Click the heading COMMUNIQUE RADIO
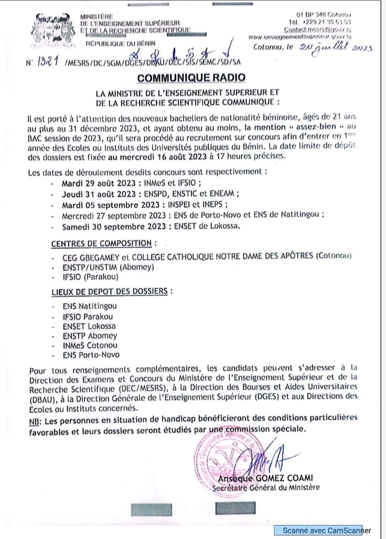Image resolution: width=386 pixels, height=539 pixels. click(191, 77)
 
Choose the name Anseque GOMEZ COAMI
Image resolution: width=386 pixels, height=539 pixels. click(265, 478)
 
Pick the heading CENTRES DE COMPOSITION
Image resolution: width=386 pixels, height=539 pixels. click(101, 243)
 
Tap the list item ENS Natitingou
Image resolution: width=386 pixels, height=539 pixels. click(90, 306)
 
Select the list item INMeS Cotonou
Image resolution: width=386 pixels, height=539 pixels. click(90, 345)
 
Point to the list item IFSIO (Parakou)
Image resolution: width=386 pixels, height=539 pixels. click(90, 277)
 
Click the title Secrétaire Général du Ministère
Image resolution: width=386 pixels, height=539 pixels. click(266, 488)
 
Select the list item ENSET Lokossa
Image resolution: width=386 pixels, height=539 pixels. click(89, 326)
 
